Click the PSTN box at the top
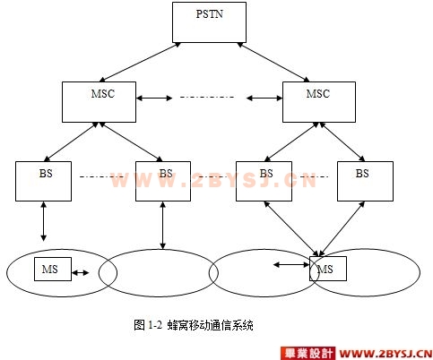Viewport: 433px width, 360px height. [209, 22]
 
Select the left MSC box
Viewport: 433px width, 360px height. [99, 102]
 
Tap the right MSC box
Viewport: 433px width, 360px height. [319, 102]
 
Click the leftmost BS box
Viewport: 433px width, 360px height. [43, 181]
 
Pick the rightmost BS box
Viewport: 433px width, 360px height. [365, 181]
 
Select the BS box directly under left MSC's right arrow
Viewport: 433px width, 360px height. [163, 181]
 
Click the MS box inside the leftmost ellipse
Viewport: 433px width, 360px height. [53, 269]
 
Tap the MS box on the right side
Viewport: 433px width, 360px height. [328, 269]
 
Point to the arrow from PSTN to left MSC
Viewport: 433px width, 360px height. [140, 62]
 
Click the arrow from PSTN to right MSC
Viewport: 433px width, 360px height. [273, 62]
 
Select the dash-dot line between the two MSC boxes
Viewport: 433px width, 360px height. [207, 97]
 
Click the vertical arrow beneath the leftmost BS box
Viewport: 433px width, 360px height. [44, 221]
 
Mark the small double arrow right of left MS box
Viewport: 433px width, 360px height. [81, 272]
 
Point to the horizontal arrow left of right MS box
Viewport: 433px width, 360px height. [291, 264]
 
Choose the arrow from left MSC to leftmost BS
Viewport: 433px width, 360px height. [71, 141]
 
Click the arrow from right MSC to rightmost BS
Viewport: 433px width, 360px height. [342, 141]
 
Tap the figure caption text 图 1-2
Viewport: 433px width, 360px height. [148, 325]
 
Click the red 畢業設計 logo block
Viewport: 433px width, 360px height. [307, 354]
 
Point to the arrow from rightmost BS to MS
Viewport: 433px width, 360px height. [342, 228]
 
